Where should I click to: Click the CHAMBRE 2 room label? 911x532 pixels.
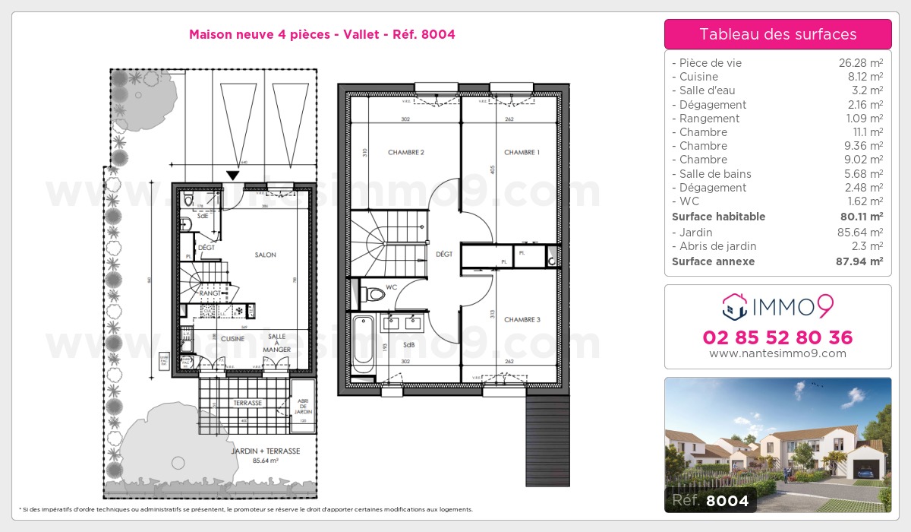[x=405, y=153]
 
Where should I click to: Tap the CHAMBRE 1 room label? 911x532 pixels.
[x=522, y=153]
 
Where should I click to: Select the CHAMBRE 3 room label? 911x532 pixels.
[x=522, y=320]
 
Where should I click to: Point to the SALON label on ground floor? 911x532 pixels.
[x=266, y=255]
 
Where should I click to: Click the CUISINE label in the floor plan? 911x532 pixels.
[x=232, y=339]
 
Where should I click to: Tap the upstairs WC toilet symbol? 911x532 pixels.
[x=374, y=293]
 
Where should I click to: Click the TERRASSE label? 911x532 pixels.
[x=247, y=403]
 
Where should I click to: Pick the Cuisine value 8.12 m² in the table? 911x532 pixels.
[x=867, y=77]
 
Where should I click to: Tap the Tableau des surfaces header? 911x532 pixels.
[x=777, y=34]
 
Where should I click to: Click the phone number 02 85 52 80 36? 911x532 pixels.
[x=777, y=337]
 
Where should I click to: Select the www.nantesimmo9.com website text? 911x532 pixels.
[x=777, y=353]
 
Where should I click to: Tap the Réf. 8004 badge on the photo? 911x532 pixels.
[x=707, y=501]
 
